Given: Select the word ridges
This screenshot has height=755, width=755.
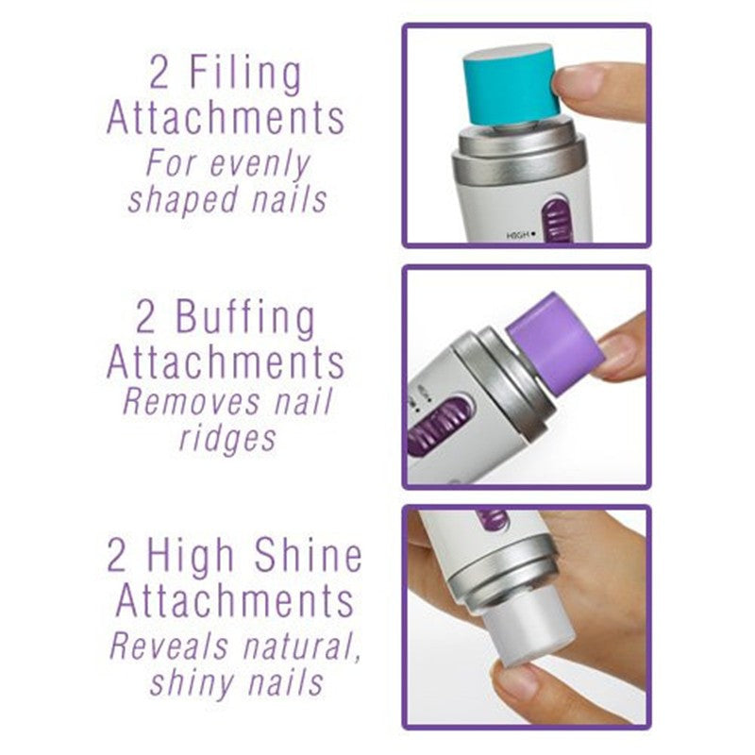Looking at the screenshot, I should pos(226,440).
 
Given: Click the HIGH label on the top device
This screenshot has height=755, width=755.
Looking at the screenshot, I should pos(517,235).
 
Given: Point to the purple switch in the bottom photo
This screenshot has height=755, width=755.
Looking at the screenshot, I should pos(492,518).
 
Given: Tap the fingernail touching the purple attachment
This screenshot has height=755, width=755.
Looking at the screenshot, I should pos(614,352).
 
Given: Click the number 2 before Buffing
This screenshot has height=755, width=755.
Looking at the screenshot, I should pos(145,318).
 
